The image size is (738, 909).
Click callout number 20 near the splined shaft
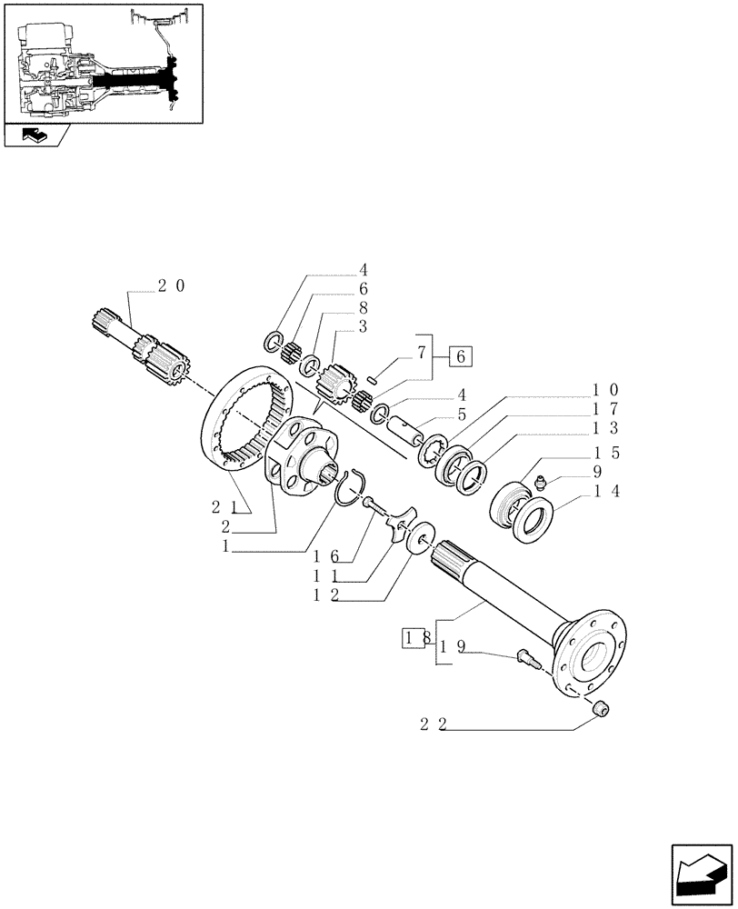click(x=170, y=285)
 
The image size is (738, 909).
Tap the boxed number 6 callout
click(x=460, y=356)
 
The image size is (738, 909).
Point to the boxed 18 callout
click(x=414, y=639)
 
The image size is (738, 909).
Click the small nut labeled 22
click(x=601, y=709)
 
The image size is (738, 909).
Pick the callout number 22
click(x=432, y=725)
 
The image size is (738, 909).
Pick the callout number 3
click(x=363, y=325)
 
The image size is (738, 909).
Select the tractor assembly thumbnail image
click(x=104, y=61)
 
